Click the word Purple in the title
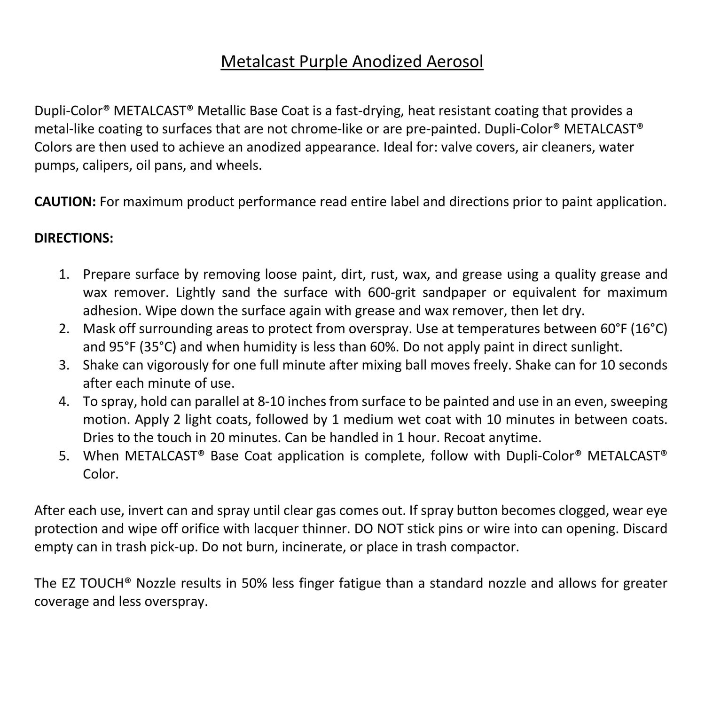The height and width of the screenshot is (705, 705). pos(321,62)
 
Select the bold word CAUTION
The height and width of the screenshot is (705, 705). pos(65,202)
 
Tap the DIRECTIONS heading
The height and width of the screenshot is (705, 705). pos(74,238)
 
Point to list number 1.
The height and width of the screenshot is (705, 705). pos(64,274)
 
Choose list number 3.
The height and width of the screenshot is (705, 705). pos(64,365)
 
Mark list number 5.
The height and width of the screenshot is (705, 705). pos(64,456)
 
